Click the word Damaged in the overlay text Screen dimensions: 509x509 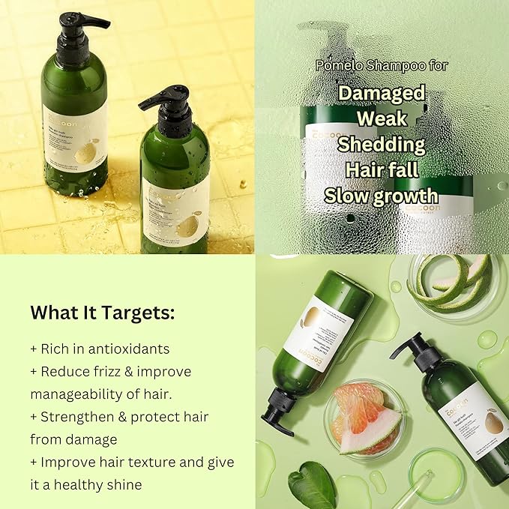(382, 93)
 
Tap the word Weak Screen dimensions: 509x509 (382, 118)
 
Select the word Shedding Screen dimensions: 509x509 (382, 144)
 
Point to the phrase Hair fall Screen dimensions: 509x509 (382, 169)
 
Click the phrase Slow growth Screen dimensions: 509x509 (382, 195)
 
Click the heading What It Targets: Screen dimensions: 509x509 (103, 313)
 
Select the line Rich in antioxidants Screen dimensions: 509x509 (100, 349)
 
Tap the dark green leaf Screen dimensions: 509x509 (312, 484)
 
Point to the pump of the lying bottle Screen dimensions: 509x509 (277, 418)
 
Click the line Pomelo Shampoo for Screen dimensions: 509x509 (382, 66)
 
